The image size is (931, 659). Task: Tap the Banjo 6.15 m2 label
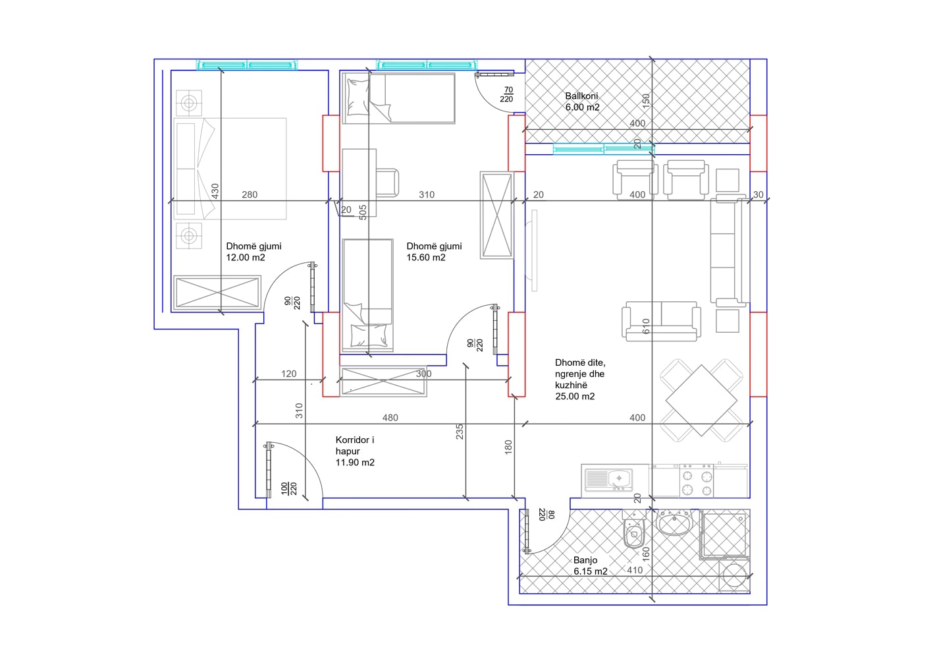pyautogui.click(x=590, y=566)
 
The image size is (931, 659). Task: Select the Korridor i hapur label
pyautogui.click(x=354, y=445)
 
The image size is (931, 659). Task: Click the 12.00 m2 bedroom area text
pyautogui.click(x=245, y=258)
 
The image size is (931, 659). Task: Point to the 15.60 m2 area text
pyautogui.click(x=425, y=258)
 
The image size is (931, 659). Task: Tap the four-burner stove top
pyautogui.click(x=697, y=482)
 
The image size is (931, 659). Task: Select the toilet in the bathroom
pyautogui.click(x=634, y=533)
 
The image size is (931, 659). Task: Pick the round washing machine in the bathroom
pyautogui.click(x=734, y=575)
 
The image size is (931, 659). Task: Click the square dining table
pyautogui.click(x=701, y=401)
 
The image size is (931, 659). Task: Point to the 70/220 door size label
pyautogui.click(x=506, y=94)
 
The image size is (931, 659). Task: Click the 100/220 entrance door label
pyautogui.click(x=289, y=488)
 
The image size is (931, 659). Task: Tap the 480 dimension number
pyautogui.click(x=390, y=418)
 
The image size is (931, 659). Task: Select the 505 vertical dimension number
pyautogui.click(x=363, y=212)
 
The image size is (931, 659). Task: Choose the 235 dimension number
pyautogui.click(x=460, y=432)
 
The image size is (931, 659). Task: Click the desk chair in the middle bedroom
pyautogui.click(x=387, y=183)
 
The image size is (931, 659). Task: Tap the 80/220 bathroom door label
pyautogui.click(x=546, y=514)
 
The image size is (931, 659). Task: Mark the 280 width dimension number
pyautogui.click(x=250, y=194)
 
